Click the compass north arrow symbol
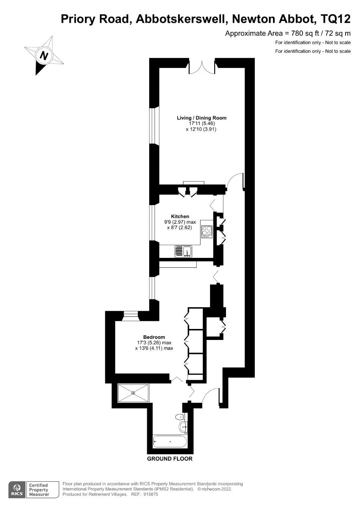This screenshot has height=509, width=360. [x=44, y=55]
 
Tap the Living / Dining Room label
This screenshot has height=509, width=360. [x=202, y=118]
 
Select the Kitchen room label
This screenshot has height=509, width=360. [x=180, y=217]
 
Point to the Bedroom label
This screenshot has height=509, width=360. [x=154, y=337]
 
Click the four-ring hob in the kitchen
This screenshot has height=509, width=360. [x=207, y=231]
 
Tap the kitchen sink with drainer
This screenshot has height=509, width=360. [x=183, y=251]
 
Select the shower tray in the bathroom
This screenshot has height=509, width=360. [x=133, y=393]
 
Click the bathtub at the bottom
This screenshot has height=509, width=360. [x=170, y=442]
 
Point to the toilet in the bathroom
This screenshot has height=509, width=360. [x=180, y=417]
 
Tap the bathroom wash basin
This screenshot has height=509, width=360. [x=183, y=427]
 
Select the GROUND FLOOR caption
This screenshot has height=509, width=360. [x=170, y=458]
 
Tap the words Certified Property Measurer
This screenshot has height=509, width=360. [x=39, y=490]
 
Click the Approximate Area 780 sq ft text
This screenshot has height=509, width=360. [x=288, y=33]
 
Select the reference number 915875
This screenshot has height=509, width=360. [x=150, y=494]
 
